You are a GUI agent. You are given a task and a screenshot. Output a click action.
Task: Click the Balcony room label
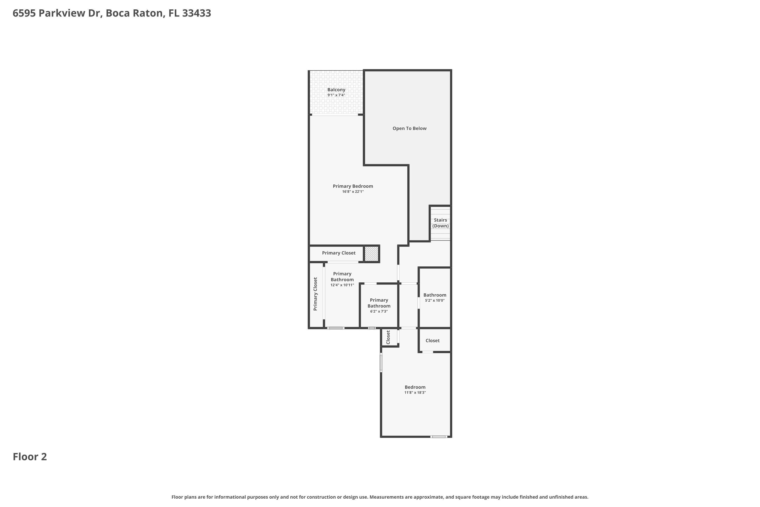[336, 89]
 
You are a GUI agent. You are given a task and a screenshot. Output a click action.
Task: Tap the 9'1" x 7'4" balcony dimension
[336, 95]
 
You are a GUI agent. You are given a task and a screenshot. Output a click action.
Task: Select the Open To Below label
[409, 128]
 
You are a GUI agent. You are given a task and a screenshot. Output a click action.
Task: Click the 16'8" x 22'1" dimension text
[353, 191]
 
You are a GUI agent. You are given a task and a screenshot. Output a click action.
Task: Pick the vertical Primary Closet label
[315, 294]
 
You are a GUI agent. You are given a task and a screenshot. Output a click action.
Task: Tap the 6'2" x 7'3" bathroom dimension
[379, 311]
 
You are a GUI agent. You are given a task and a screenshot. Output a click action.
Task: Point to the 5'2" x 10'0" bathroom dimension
[435, 300]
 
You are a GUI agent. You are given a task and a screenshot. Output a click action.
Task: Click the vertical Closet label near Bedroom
[388, 337]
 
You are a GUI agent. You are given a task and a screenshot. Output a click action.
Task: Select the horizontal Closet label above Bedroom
[432, 340]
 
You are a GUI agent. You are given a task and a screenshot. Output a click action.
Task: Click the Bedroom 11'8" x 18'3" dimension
[415, 392]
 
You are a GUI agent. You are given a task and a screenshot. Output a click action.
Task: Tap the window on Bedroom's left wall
[381, 363]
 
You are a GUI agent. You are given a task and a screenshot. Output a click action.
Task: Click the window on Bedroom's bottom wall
[439, 437]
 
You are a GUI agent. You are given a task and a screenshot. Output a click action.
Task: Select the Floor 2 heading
[30, 457]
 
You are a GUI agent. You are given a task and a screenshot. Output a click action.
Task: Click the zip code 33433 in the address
[197, 13]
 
